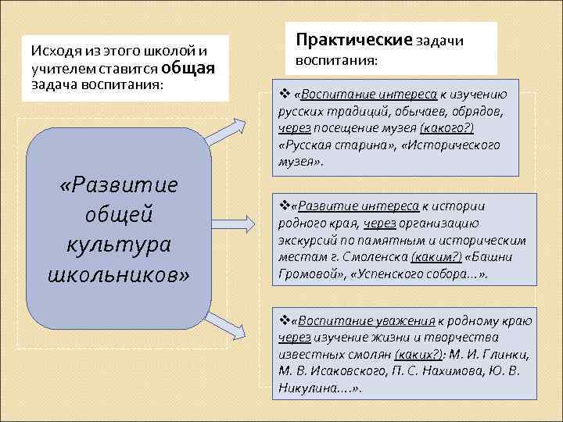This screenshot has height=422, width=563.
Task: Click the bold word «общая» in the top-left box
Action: pyautogui.click(x=188, y=67)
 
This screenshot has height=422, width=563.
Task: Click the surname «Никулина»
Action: pyautogui.click(x=309, y=388)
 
